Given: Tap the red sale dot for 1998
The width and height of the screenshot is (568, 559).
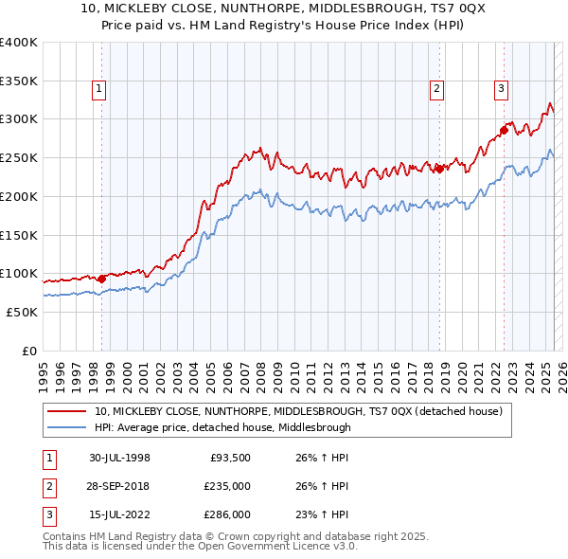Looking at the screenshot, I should point(102,278).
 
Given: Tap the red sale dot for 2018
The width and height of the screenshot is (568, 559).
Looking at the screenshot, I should point(439,169).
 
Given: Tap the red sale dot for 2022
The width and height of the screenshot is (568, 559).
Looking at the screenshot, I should point(504,130).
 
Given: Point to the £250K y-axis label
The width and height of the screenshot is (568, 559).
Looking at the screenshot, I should point(18,157).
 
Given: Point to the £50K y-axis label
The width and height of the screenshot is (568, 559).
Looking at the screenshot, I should point(22,312).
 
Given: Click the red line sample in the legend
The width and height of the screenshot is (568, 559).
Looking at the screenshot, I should point(67,411).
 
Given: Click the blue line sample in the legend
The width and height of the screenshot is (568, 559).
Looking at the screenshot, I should point(67,427).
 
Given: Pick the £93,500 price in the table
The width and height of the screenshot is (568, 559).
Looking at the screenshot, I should point(229,458).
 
